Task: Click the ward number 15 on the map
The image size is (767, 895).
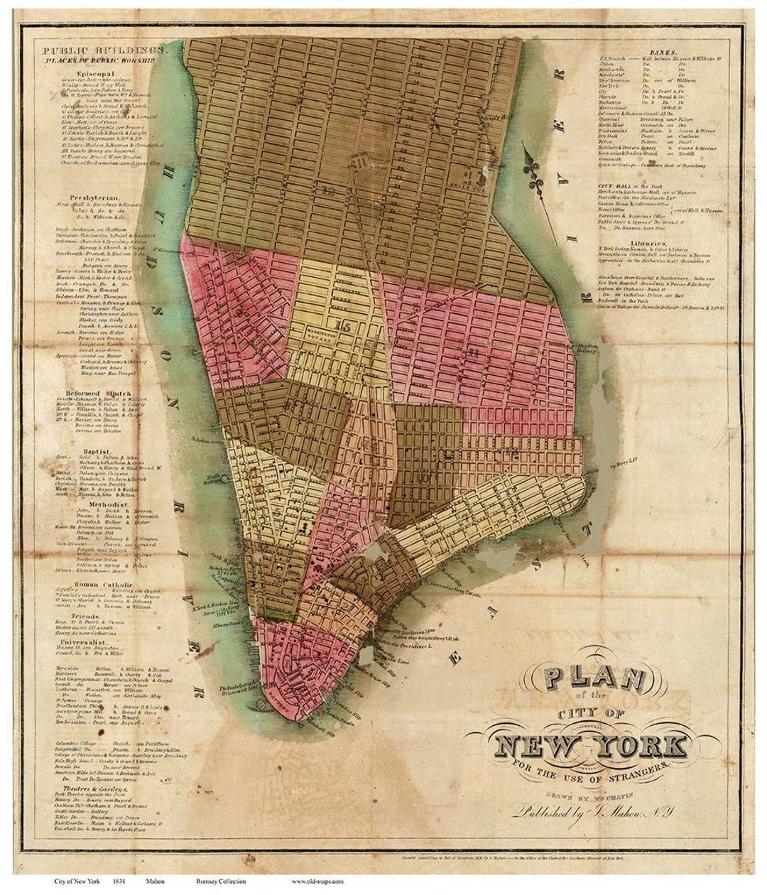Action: tap(346, 327)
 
